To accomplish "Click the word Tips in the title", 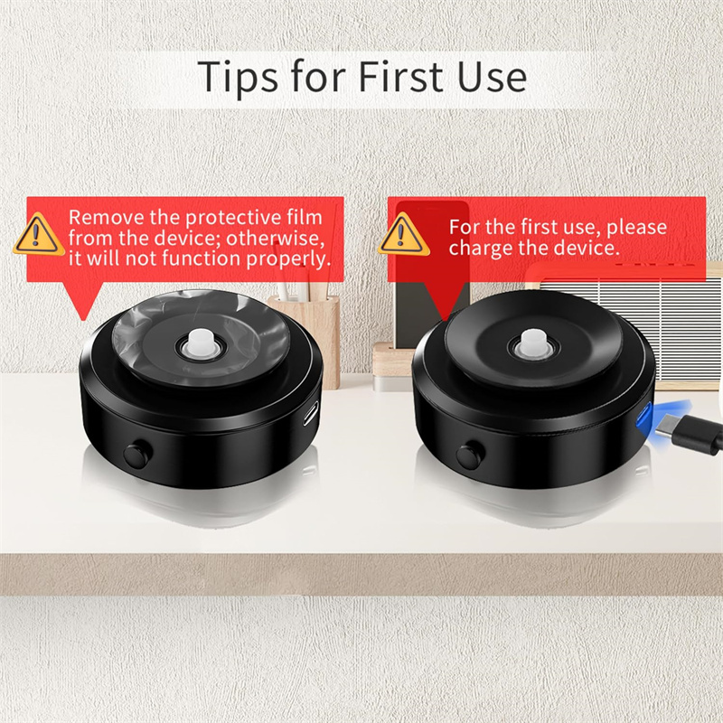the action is (x=238, y=76).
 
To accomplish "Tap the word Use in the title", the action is (x=492, y=76).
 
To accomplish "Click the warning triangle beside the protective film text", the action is (x=39, y=234).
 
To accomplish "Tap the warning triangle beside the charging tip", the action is (x=403, y=234).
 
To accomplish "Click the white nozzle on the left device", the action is (x=203, y=343).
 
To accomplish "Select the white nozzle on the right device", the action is (x=533, y=343).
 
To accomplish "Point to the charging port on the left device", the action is (x=311, y=413).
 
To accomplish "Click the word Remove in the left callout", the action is (x=107, y=217).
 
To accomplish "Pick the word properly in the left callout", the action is (x=288, y=259).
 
